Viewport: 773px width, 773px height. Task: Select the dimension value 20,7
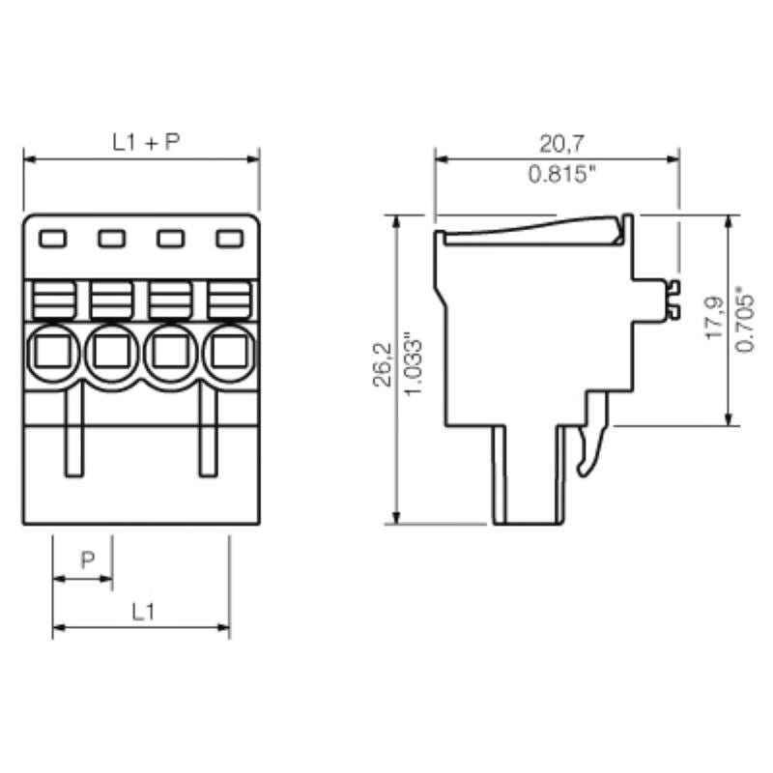[560, 144]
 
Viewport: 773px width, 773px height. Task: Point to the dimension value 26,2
[383, 362]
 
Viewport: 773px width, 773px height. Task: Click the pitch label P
[87, 560]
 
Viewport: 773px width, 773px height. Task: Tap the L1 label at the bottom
[143, 611]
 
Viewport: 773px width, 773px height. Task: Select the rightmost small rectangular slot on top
[229, 238]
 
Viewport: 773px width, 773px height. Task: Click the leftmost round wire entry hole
[53, 353]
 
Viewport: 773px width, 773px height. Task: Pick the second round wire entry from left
[112, 353]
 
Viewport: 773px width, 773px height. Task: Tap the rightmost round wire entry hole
[230, 353]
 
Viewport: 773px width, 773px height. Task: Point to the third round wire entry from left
[171, 353]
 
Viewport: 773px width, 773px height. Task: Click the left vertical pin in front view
[73, 430]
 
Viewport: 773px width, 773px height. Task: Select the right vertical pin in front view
[209, 430]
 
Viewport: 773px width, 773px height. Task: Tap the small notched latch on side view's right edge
[670, 299]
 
